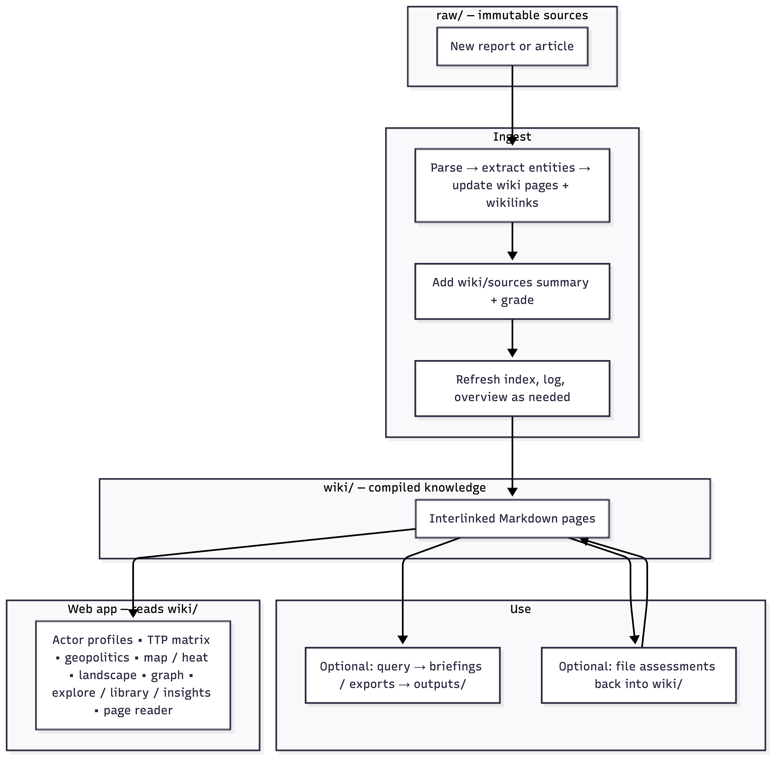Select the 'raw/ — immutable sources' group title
(x=512, y=16)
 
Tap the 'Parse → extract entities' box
(x=512, y=185)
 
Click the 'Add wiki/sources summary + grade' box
(x=512, y=291)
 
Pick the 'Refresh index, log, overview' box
(x=512, y=388)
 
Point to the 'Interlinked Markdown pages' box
(x=512, y=519)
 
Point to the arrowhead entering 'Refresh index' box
(x=512, y=353)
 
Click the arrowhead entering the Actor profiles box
(x=133, y=613)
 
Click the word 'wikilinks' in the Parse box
(x=512, y=203)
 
